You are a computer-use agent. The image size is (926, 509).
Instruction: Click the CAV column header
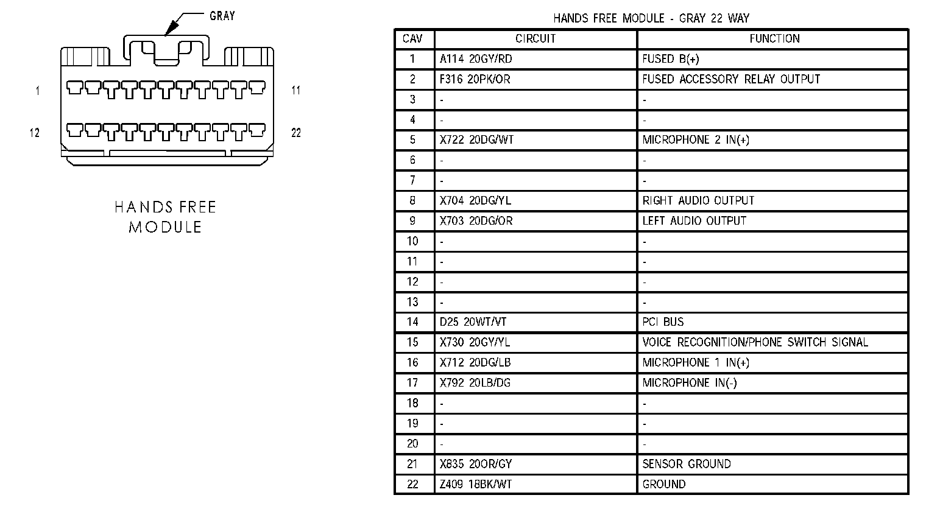[412, 39]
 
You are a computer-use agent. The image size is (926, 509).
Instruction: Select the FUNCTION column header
[774, 39]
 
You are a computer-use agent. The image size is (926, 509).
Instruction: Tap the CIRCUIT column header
[535, 39]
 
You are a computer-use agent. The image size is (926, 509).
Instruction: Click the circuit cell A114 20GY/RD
[476, 59]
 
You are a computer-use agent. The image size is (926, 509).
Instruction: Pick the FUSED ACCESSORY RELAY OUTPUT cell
[731, 79]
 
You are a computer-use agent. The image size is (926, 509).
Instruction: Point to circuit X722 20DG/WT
[476, 140]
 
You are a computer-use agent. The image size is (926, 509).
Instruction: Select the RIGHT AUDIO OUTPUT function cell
[698, 201]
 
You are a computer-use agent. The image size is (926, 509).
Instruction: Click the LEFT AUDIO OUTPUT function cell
[694, 221]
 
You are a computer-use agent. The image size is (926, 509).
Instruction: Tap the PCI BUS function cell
[663, 322]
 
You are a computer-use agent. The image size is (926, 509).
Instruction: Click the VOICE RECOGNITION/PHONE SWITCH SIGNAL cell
[755, 342]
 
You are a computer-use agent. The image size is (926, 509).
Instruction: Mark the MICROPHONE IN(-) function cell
[689, 383]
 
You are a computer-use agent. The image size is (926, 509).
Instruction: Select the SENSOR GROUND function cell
[686, 464]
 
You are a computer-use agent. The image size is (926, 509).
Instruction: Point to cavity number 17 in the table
[412, 383]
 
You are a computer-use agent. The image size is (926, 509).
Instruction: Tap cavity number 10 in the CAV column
[412, 241]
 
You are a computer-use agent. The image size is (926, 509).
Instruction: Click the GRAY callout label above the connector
[222, 16]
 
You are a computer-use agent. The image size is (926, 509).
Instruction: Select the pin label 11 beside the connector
[296, 91]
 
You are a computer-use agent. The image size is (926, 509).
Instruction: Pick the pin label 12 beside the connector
[35, 133]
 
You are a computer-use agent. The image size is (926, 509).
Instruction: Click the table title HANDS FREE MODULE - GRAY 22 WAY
[651, 18]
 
